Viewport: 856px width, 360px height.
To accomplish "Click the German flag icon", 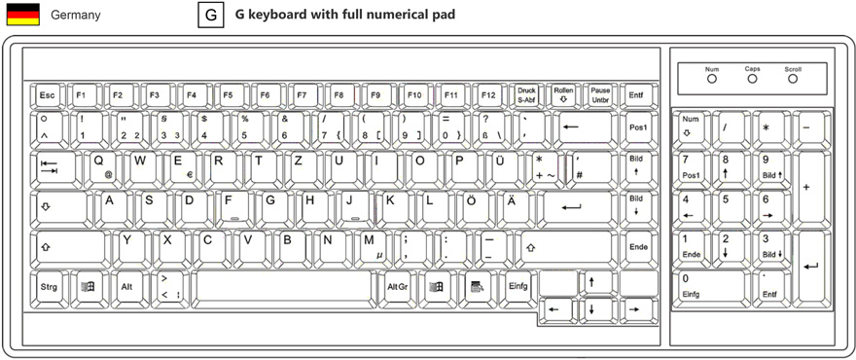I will (x=22, y=15).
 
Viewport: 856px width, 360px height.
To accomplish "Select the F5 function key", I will (x=228, y=95).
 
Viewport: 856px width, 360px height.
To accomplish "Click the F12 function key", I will (x=487, y=95).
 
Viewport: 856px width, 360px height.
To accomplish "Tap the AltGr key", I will (x=397, y=287).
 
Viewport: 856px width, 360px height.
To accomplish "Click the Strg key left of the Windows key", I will (x=49, y=287).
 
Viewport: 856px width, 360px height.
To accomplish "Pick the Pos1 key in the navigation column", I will (x=638, y=127).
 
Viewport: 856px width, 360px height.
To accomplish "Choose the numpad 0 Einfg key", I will (x=708, y=286).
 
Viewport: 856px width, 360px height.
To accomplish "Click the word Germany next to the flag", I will (x=75, y=16).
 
